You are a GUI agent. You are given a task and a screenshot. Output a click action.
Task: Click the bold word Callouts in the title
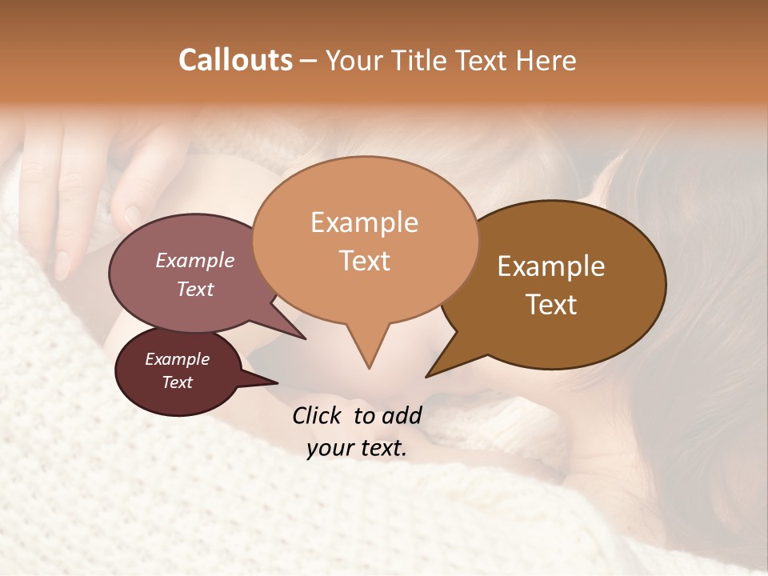click(235, 60)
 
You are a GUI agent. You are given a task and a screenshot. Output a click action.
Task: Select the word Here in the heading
click(547, 60)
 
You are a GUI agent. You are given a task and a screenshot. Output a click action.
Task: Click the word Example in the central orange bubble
click(364, 222)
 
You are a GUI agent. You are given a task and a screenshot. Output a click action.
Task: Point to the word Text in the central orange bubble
click(364, 261)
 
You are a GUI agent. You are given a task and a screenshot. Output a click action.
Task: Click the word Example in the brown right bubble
click(551, 266)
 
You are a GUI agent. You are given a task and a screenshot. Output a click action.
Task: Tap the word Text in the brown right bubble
click(551, 305)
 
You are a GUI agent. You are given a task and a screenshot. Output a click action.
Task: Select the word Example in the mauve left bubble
click(195, 260)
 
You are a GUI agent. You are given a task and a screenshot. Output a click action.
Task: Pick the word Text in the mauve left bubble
click(195, 289)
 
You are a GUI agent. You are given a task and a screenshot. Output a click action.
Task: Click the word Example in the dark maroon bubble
click(177, 359)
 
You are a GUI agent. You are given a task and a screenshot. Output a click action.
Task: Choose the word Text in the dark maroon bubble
click(177, 382)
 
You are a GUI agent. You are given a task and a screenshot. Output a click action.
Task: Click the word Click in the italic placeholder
click(318, 415)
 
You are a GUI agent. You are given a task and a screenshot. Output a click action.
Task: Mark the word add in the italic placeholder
click(402, 415)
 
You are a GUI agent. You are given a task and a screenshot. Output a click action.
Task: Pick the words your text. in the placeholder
click(357, 449)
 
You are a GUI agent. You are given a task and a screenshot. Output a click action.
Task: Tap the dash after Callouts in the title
click(309, 60)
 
